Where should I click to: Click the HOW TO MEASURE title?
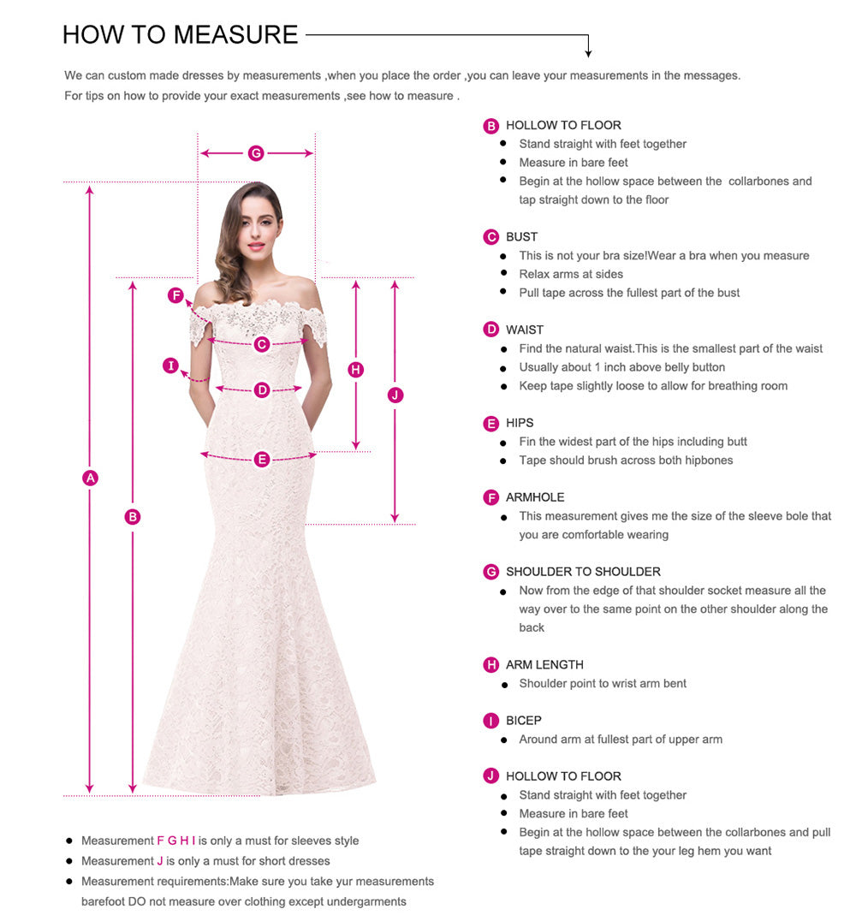(x=180, y=34)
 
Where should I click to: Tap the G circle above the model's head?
(x=255, y=153)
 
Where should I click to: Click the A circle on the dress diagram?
(x=90, y=478)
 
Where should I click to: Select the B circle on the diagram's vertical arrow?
(x=132, y=516)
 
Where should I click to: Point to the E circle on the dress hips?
(x=262, y=460)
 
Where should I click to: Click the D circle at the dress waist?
(x=262, y=390)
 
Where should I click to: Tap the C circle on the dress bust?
(x=262, y=344)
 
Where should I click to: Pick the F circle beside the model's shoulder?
(x=175, y=296)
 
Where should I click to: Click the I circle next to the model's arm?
(x=171, y=366)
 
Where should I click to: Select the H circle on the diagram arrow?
(x=356, y=370)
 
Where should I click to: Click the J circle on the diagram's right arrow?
(x=395, y=395)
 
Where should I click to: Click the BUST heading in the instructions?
(x=521, y=237)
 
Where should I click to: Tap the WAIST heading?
(x=524, y=330)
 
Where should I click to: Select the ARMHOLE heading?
(x=535, y=497)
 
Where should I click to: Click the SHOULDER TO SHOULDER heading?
(x=583, y=572)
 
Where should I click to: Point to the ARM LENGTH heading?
(x=544, y=665)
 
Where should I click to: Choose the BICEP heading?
(x=523, y=721)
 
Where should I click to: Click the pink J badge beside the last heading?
(x=491, y=776)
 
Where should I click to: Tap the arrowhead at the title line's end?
(x=588, y=54)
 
